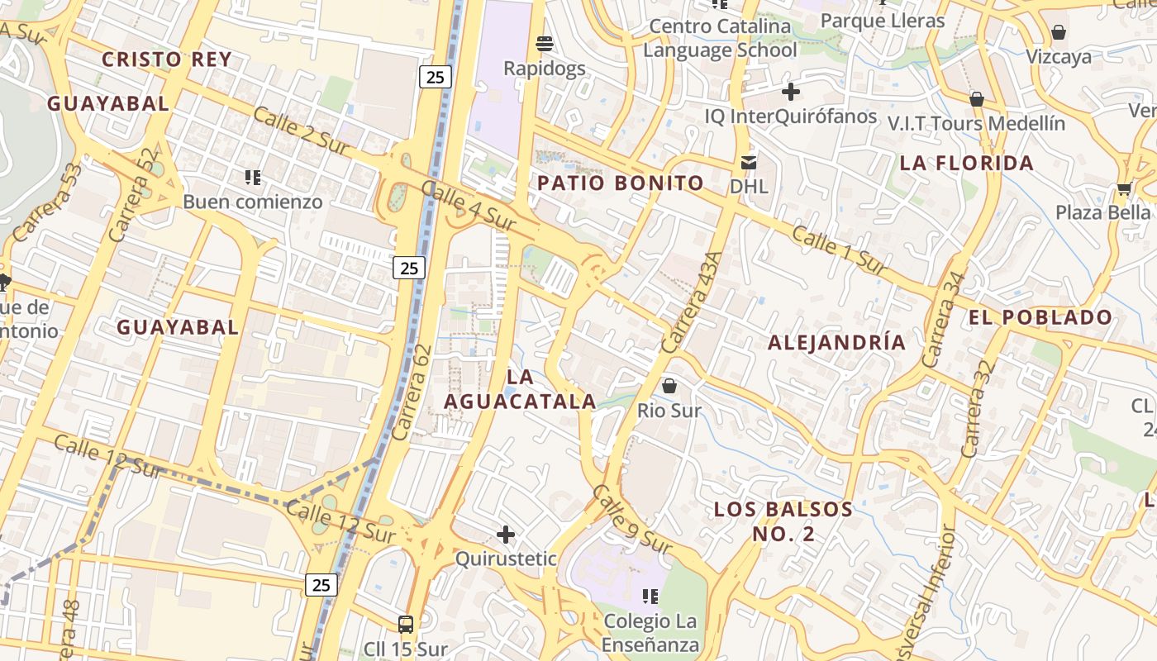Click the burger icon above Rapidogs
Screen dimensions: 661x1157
545,43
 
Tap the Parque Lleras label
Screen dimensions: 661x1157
883,21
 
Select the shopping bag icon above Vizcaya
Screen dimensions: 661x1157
1058,32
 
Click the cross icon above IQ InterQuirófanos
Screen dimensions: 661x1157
791,91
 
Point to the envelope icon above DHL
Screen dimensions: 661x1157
749,162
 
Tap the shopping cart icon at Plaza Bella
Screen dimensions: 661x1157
1124,188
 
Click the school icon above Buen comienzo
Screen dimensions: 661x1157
253,177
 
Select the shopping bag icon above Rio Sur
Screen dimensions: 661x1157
669,386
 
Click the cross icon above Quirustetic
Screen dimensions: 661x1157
506,535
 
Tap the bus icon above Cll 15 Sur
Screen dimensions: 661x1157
405,624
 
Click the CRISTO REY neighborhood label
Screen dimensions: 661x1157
166,59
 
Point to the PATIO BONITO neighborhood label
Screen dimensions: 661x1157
621,183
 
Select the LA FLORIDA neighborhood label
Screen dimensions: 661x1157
966,163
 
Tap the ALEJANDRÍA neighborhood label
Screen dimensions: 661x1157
836,342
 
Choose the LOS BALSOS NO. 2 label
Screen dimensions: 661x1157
783,521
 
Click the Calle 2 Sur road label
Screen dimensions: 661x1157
302,131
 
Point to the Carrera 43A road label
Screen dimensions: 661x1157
691,301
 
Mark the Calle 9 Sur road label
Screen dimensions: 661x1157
632,520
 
